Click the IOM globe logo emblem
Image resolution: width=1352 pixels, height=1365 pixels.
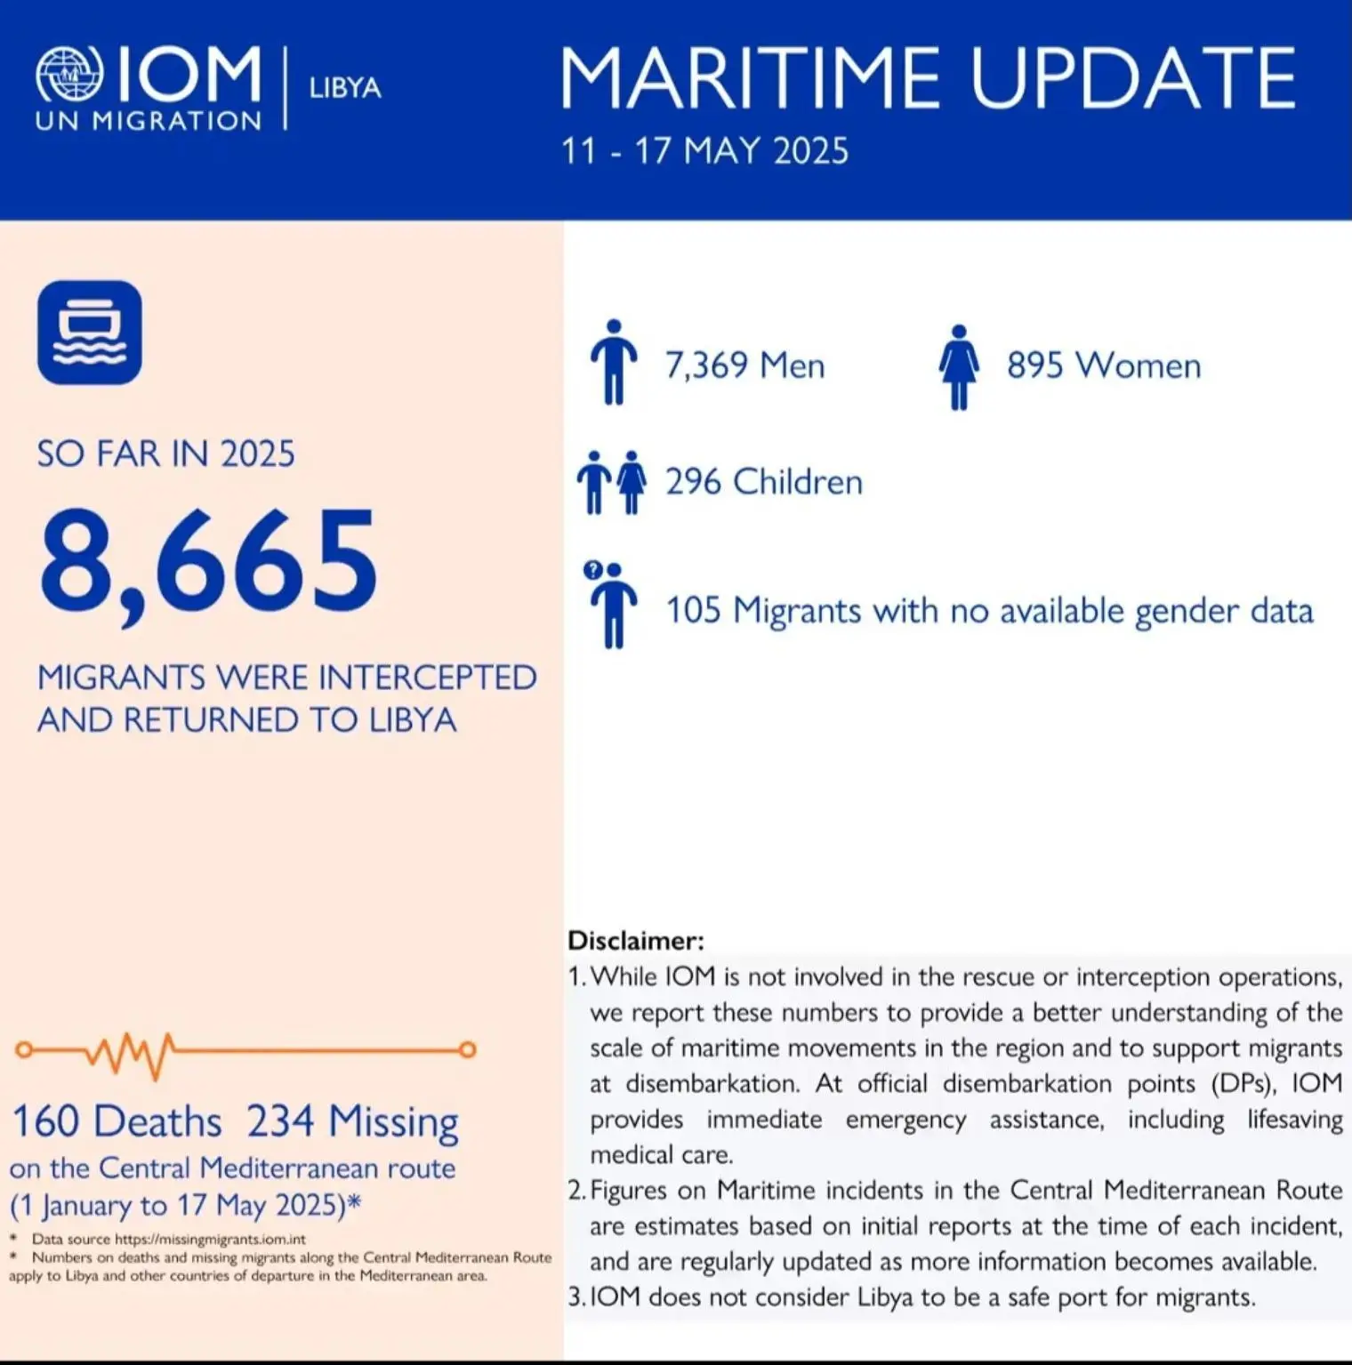pyautogui.click(x=69, y=74)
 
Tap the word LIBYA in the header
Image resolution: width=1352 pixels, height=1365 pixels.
pyautogui.click(x=345, y=88)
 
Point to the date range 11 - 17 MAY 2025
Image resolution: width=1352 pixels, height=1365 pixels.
pyautogui.click(x=704, y=150)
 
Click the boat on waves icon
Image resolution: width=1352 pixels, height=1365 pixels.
pyautogui.click(x=90, y=333)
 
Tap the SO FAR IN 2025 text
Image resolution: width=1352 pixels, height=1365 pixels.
pyautogui.click(x=165, y=454)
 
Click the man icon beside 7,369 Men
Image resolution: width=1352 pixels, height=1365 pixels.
pyautogui.click(x=614, y=362)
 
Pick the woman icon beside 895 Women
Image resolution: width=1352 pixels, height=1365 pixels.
pyautogui.click(x=959, y=365)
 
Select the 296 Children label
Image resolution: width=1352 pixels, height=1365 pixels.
pyautogui.click(x=764, y=482)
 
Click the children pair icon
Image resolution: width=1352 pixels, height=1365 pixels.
pyautogui.click(x=612, y=482)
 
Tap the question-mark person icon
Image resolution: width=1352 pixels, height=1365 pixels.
pyautogui.click(x=610, y=605)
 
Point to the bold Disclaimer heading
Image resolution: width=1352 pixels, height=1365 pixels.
pyautogui.click(x=636, y=941)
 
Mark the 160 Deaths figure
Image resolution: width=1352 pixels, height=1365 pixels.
pyautogui.click(x=117, y=1121)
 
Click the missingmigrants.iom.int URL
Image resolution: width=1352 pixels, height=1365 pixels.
pyautogui.click(x=210, y=1239)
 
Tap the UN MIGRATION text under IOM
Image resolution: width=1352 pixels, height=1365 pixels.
pyautogui.click(x=149, y=122)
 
